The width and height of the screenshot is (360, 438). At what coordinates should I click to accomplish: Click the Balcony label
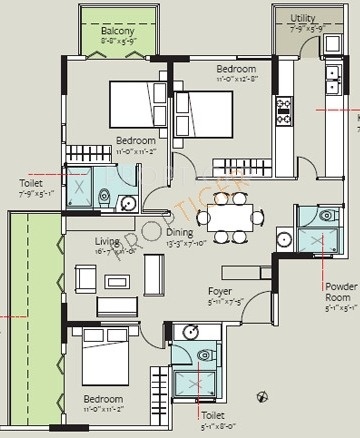[117, 32]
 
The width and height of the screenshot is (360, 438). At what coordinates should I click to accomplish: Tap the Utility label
[303, 18]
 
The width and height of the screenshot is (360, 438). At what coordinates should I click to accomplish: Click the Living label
[107, 241]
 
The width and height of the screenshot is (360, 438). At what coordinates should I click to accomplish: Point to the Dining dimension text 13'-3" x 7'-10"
[185, 241]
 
